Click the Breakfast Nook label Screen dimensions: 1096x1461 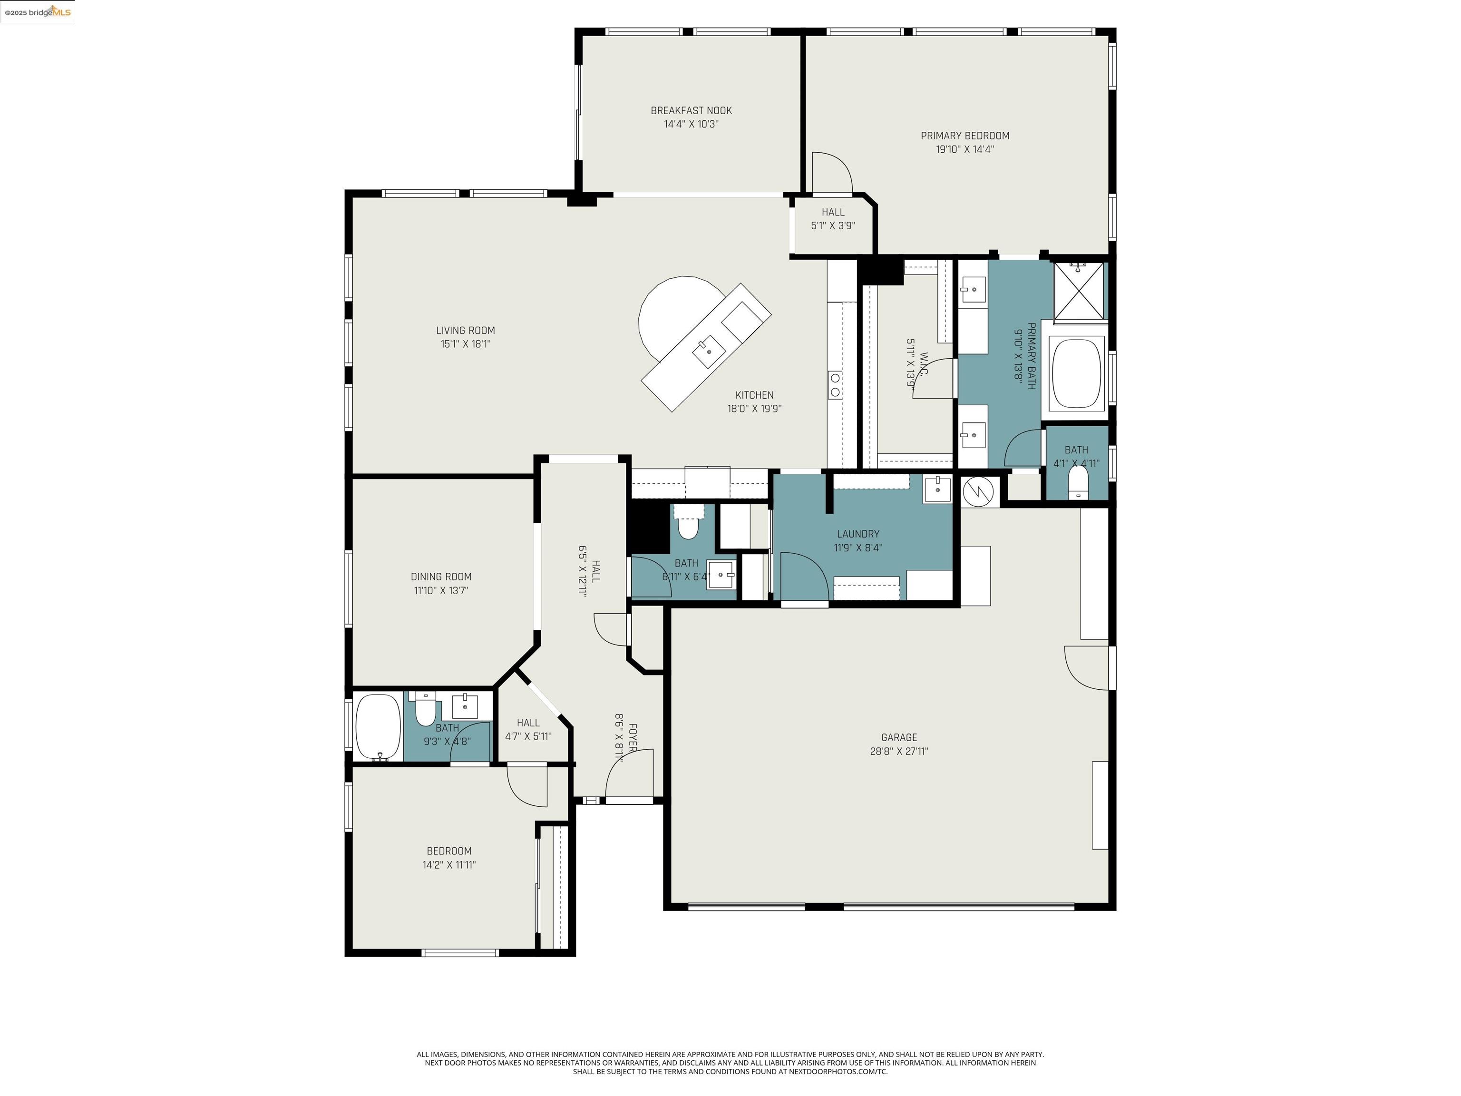tap(691, 110)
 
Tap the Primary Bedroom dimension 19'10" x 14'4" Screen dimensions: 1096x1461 tap(964, 149)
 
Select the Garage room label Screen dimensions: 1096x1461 tap(898, 737)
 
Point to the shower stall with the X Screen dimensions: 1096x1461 tap(1078, 291)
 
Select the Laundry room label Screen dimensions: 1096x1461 tap(857, 534)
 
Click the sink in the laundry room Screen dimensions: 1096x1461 tap(936, 489)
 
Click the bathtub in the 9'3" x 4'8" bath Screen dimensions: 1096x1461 tap(378, 727)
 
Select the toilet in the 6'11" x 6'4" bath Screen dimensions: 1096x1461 tap(688, 527)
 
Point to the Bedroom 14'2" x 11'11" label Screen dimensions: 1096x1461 tap(448, 851)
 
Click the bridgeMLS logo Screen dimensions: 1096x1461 tap(38, 12)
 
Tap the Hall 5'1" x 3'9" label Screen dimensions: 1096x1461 tap(832, 212)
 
